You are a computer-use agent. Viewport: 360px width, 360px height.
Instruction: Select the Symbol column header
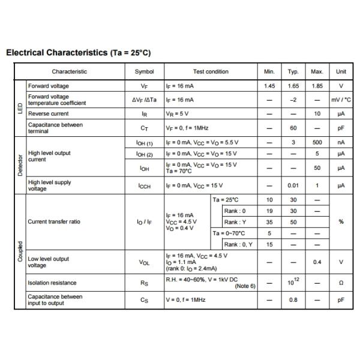(144, 71)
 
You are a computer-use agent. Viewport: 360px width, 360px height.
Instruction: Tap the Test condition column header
(211, 71)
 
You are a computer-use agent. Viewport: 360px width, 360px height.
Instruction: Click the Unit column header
(341, 71)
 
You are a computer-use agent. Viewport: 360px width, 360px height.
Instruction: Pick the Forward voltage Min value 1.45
(269, 86)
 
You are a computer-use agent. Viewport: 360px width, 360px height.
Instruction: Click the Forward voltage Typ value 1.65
(293, 86)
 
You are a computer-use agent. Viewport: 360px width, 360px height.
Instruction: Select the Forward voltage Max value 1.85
(317, 86)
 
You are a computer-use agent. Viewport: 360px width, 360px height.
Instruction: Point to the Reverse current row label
(49, 113)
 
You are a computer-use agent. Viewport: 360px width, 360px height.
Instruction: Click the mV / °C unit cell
(341, 100)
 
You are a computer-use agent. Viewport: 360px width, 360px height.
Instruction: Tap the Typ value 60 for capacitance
(293, 128)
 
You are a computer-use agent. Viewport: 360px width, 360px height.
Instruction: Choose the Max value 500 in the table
(317, 143)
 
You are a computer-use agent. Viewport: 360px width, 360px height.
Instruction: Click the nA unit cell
(341, 143)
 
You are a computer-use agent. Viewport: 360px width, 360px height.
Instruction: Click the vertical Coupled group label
(20, 252)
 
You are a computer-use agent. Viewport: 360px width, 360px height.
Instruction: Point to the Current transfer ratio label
(54, 222)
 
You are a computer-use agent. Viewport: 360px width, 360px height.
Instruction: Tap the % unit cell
(341, 222)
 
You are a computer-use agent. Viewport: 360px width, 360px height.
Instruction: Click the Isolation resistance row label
(52, 283)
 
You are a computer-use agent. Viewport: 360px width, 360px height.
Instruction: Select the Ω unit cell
(341, 283)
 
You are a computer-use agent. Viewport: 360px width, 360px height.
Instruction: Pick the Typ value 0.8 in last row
(293, 299)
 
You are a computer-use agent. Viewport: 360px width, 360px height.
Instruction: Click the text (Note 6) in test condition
(245, 286)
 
